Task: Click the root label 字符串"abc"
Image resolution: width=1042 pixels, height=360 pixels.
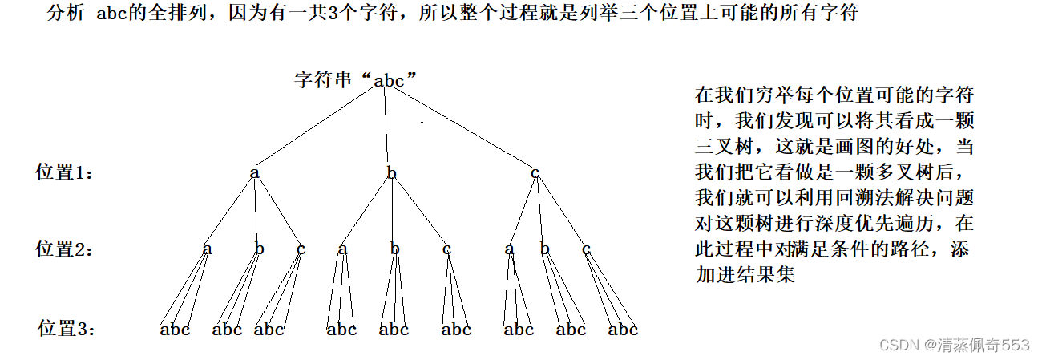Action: point(357,79)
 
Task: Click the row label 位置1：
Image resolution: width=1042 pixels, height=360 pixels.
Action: point(65,172)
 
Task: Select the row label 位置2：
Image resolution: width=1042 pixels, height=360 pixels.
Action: point(65,249)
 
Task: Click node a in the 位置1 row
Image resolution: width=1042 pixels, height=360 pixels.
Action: point(255,172)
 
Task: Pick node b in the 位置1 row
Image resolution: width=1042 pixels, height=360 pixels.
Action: point(391,172)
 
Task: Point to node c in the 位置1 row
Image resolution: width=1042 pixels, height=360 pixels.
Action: point(535,172)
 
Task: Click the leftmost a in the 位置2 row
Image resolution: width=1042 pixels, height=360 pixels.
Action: point(208,249)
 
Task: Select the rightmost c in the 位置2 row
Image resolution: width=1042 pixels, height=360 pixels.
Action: point(586,249)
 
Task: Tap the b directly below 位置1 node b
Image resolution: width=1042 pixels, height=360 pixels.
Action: point(394,249)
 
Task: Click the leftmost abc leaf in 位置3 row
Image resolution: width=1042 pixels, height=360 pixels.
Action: point(175,329)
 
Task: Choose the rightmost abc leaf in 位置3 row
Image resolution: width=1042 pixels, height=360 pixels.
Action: point(623,329)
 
